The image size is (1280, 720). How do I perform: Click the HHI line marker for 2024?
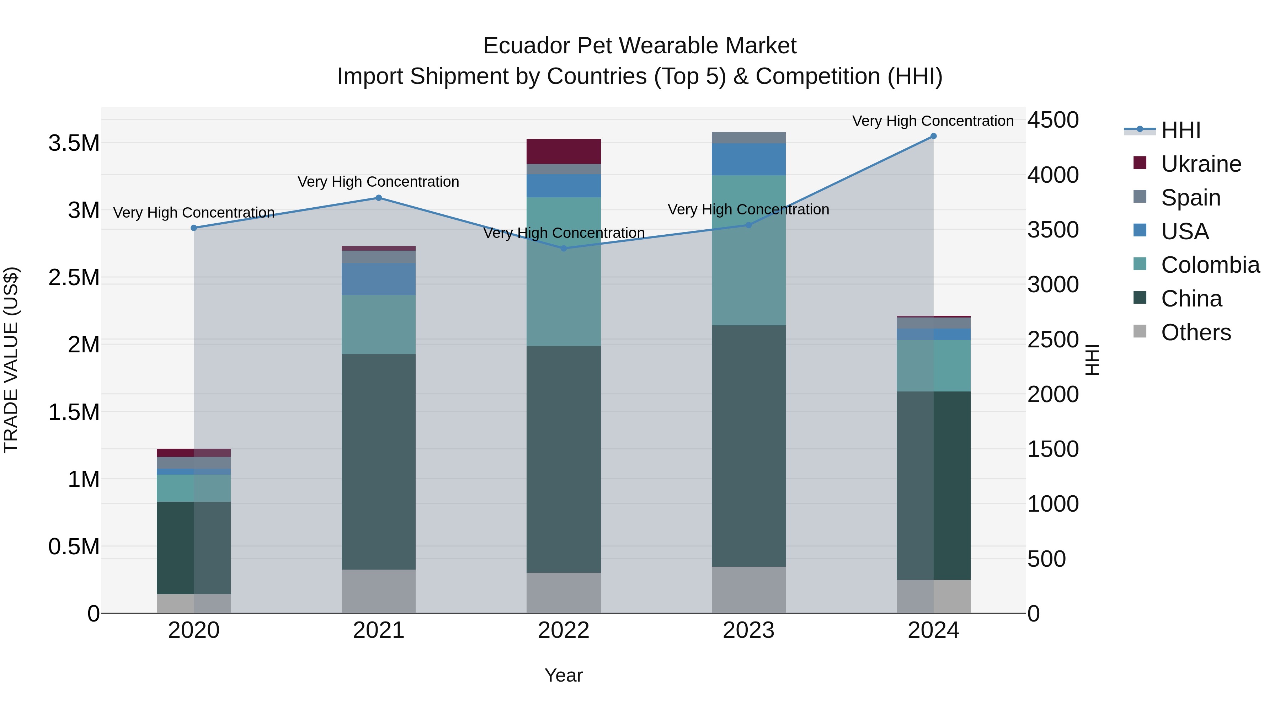coord(933,136)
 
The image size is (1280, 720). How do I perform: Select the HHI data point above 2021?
coord(379,198)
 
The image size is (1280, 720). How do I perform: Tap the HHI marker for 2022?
coord(564,249)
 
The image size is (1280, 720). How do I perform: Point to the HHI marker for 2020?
coord(194,228)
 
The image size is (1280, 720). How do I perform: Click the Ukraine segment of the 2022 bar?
coord(564,151)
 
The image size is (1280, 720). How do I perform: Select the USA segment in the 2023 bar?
coord(748,159)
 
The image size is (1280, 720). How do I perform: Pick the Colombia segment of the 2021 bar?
coord(379,325)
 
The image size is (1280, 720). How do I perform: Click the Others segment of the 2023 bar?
coord(748,590)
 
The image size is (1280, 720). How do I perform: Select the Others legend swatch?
coord(1140,331)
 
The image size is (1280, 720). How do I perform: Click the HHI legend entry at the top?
coord(1180,130)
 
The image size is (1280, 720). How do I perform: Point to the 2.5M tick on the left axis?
coord(74,277)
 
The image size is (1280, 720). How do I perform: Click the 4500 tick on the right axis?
coord(1053,120)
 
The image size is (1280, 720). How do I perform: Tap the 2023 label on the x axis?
coord(748,630)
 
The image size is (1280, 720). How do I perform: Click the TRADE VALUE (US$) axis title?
coord(11,360)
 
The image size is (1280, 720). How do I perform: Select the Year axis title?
coord(564,675)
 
